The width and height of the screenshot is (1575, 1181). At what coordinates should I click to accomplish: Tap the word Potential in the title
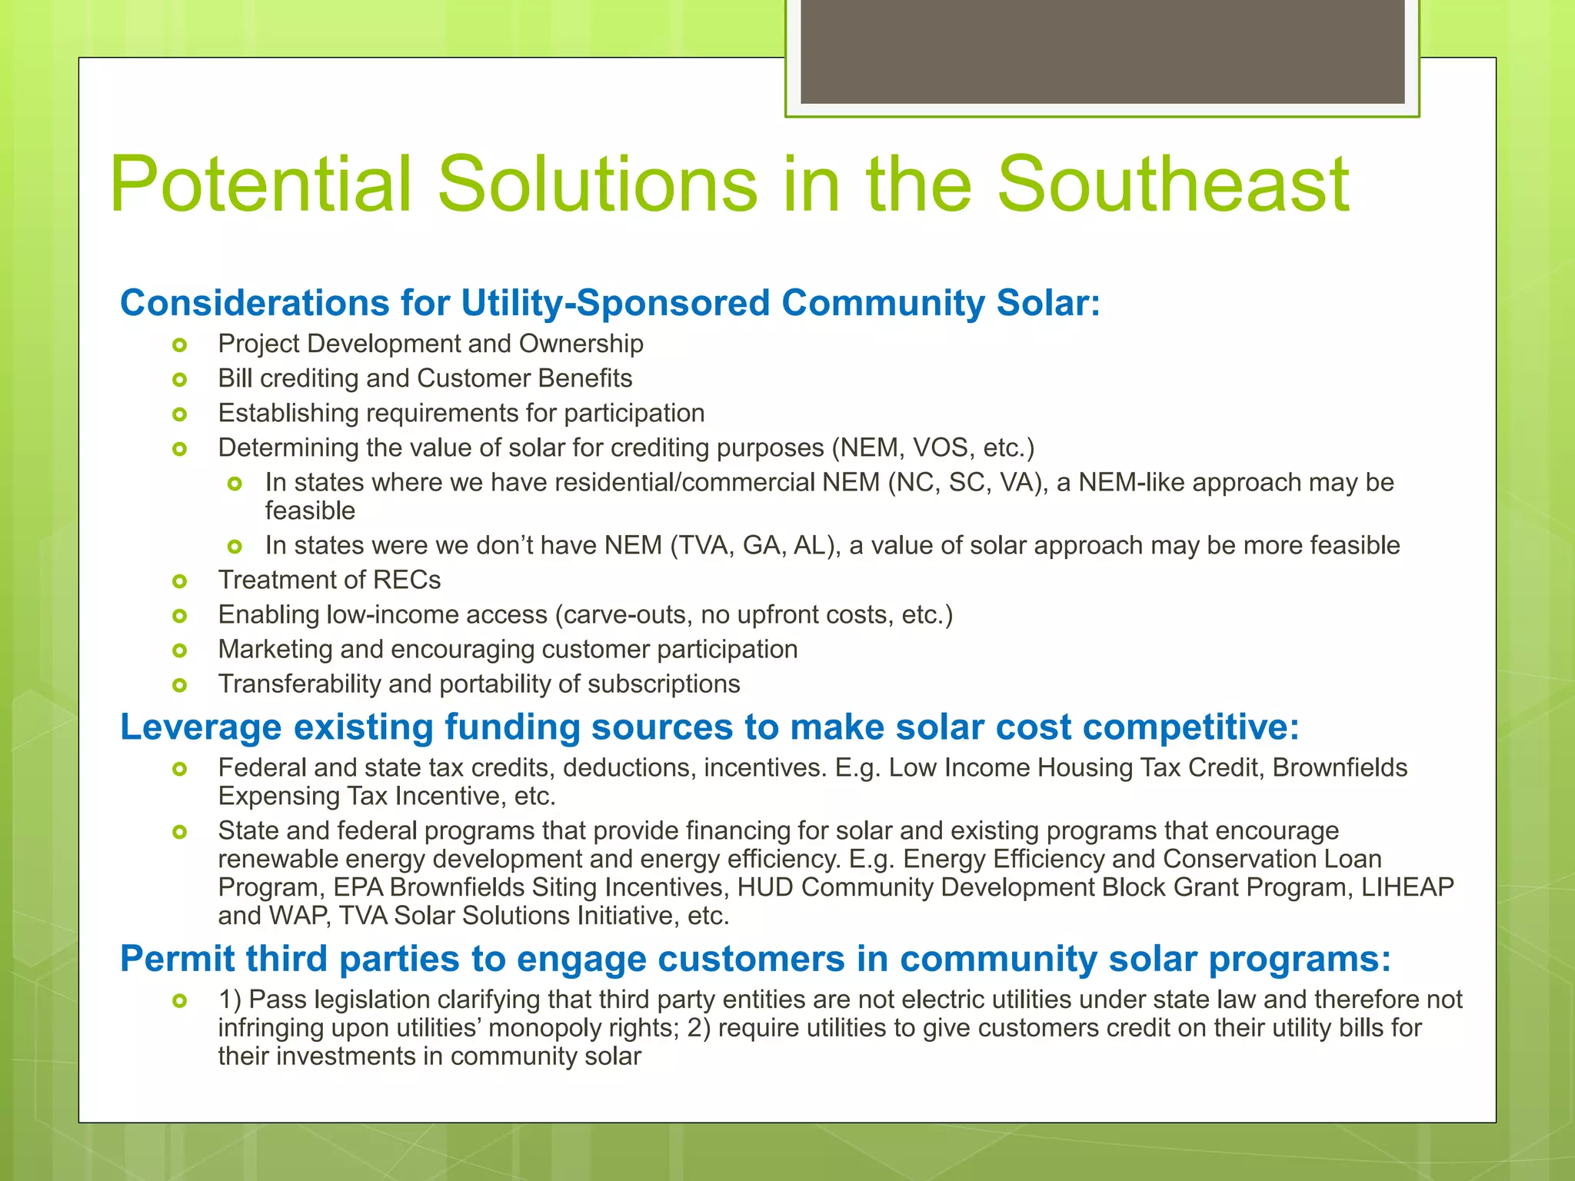[261, 185]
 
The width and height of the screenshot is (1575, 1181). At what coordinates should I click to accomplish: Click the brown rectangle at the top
[1102, 51]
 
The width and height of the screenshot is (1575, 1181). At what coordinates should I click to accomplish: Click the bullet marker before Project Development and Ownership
[180, 345]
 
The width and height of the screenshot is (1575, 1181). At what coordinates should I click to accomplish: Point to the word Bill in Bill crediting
[235, 378]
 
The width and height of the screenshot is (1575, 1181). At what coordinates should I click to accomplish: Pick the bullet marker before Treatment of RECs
[180, 581]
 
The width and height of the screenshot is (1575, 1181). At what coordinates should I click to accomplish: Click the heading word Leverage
[201, 727]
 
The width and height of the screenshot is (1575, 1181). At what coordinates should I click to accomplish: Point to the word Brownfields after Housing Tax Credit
[1340, 767]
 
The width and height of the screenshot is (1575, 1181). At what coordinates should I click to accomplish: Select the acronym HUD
[764, 887]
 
